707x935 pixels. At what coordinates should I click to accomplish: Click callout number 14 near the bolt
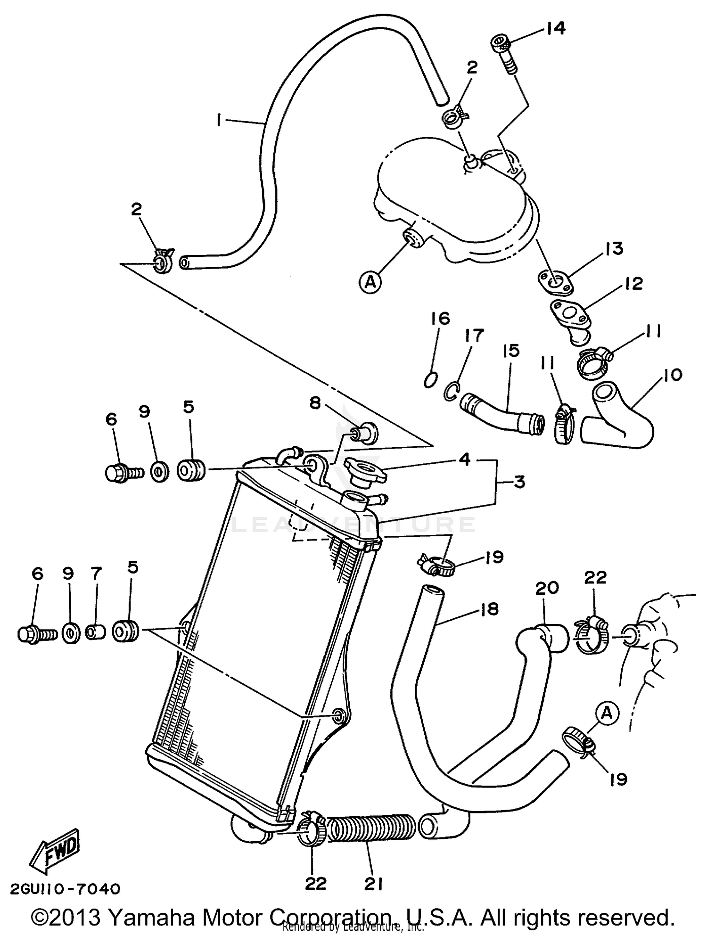pos(556,29)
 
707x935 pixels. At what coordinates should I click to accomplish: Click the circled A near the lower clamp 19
pos(607,713)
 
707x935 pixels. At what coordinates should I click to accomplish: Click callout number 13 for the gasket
pos(614,248)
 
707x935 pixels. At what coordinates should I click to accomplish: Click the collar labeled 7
pos(96,632)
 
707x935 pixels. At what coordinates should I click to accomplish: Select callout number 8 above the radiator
pos(315,402)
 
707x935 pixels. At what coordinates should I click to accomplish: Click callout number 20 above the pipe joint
pos(547,588)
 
